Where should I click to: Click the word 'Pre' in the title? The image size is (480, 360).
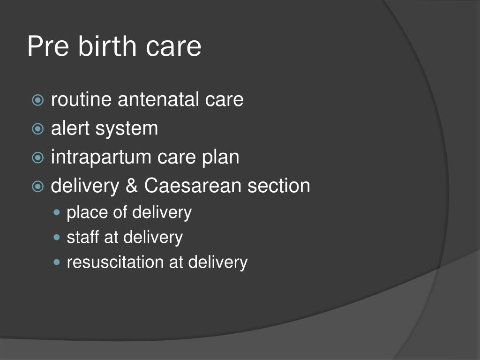coord(48,46)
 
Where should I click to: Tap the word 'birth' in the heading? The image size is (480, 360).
coord(107,45)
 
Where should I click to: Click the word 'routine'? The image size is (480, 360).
coord(81,99)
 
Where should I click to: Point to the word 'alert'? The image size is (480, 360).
coord(70,128)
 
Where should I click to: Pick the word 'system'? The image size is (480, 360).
coord(127,129)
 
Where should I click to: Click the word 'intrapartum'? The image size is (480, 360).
coord(101,157)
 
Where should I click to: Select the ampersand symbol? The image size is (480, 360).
coord(132,186)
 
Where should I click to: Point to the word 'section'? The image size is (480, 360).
coord(278,186)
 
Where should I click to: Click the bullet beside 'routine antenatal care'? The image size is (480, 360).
coord(37,100)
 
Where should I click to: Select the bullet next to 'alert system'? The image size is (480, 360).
coord(37,129)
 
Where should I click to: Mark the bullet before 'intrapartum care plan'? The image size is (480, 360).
coord(37,157)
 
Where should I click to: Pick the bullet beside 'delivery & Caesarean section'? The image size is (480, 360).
coord(37,187)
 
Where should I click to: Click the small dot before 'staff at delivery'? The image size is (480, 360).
coord(57,237)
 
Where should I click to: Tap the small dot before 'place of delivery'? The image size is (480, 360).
coord(57,212)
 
